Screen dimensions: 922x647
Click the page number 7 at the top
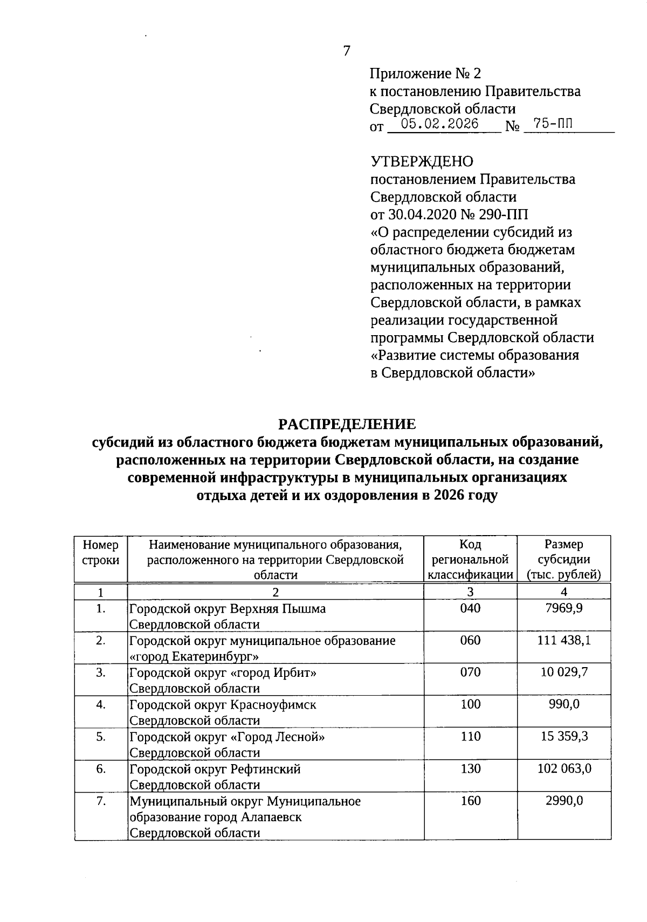click(x=347, y=51)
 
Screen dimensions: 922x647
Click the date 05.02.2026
click(x=440, y=124)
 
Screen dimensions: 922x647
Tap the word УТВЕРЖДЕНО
click(x=422, y=161)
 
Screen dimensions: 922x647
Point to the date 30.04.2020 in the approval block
click(x=422, y=214)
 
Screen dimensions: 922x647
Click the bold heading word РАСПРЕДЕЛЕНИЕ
click(x=347, y=424)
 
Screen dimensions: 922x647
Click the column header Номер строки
click(x=101, y=552)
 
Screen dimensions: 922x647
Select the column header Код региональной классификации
click(x=470, y=559)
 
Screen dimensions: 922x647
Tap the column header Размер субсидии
click(x=564, y=559)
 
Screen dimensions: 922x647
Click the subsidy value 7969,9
click(x=564, y=608)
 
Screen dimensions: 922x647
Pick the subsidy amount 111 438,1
click(x=564, y=640)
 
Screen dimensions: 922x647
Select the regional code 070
click(x=470, y=672)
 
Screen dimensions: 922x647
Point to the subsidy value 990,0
click(x=564, y=704)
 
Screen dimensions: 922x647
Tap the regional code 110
click(x=470, y=736)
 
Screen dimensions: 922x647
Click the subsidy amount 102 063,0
click(x=564, y=768)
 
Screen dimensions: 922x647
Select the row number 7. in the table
click(x=101, y=801)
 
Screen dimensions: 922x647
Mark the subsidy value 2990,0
click(x=564, y=801)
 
